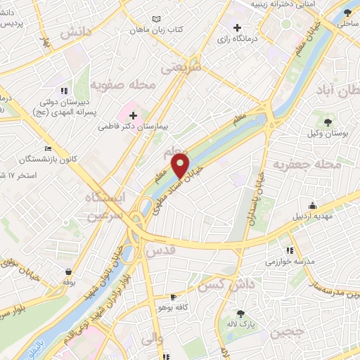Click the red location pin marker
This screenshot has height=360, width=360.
[181, 166]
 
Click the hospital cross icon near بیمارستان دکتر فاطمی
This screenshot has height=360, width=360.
[133, 114]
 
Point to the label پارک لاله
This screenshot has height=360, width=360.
[241, 326]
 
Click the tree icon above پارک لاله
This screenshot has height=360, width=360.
[241, 314]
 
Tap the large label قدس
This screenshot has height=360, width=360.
[158, 251]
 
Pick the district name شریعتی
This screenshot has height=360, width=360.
[181, 67]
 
